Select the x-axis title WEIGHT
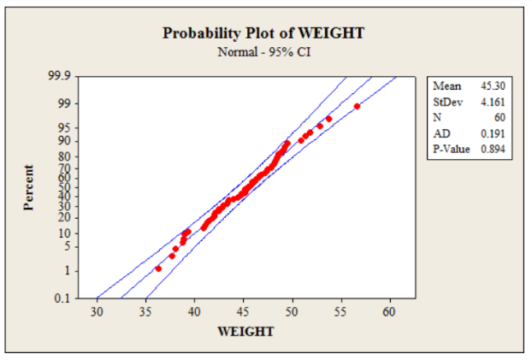(246, 330)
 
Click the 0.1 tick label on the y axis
(62, 298)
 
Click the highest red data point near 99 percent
(357, 106)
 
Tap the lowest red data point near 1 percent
(158, 269)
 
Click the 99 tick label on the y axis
(65, 103)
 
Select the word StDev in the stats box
(448, 102)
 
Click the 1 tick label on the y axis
(68, 270)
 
